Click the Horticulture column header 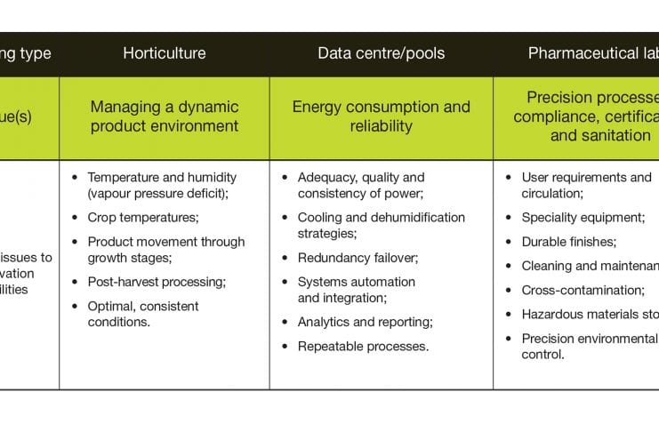(x=165, y=53)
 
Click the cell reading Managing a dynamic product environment (x=165, y=116)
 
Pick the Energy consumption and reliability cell (x=382, y=116)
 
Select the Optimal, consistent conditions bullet (x=142, y=314)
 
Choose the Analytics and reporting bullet (x=365, y=322)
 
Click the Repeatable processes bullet (x=363, y=346)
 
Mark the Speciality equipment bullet (x=583, y=217)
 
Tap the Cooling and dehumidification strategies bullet (x=381, y=225)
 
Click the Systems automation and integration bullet (x=356, y=290)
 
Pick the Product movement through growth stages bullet (x=165, y=249)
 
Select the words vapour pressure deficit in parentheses (x=164, y=193)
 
